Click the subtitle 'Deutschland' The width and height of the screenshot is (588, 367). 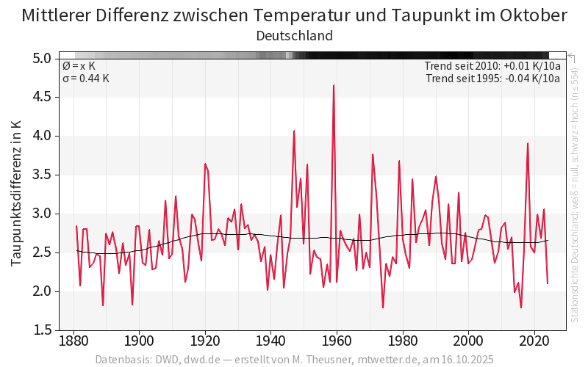(294, 36)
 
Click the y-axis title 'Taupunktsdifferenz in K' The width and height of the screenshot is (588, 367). (15, 194)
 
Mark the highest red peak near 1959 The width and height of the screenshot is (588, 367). (334, 85)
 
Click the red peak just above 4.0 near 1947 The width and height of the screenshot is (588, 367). (294, 131)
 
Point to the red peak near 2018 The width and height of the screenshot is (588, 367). (528, 143)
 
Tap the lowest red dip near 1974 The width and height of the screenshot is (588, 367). (383, 308)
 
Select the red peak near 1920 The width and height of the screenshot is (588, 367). (205, 164)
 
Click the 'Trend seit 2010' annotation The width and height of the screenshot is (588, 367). (492, 66)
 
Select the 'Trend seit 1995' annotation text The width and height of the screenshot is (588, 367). (493, 79)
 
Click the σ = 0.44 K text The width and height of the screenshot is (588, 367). (85, 79)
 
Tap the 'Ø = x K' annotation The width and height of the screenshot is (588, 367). (79, 66)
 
